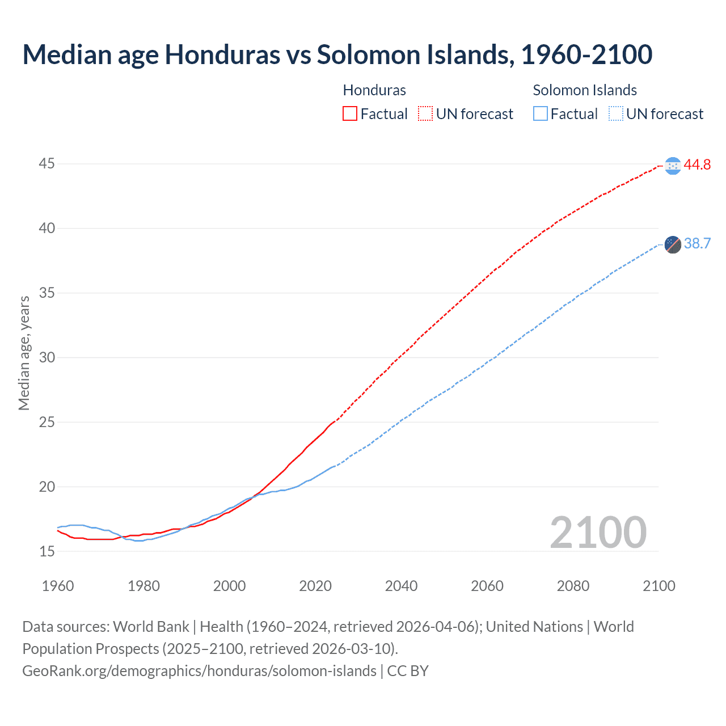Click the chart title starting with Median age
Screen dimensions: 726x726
click(x=337, y=55)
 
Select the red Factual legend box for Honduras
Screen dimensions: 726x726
click(x=350, y=114)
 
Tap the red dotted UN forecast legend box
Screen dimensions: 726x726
click(x=425, y=114)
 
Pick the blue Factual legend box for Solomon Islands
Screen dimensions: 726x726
click(x=541, y=114)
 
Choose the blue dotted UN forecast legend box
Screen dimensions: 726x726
click(x=616, y=114)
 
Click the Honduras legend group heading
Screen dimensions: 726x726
click(x=374, y=90)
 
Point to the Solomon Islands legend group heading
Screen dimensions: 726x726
click(x=584, y=90)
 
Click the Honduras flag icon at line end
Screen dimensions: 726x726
click(x=673, y=166)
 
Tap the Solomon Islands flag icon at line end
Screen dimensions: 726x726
click(x=673, y=244)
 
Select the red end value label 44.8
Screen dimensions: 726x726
click(x=697, y=165)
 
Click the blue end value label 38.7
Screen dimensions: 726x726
click(x=697, y=244)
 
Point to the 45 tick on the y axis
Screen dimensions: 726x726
click(x=47, y=164)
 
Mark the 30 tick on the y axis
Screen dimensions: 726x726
click(x=47, y=357)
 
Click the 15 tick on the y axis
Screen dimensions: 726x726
click(x=47, y=551)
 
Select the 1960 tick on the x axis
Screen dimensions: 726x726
click(x=58, y=586)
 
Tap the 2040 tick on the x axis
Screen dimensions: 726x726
click(x=401, y=586)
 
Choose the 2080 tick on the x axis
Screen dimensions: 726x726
click(x=573, y=586)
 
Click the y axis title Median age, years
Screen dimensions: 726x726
click(x=24, y=353)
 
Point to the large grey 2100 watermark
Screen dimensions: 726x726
click(x=598, y=532)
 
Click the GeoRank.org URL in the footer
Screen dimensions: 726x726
click(x=199, y=671)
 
